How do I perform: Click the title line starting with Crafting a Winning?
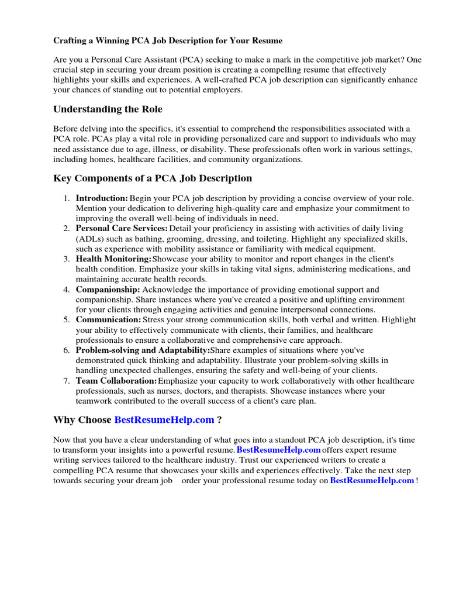pos(168,41)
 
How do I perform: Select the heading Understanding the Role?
pos(108,109)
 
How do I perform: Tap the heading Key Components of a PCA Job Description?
pos(153,178)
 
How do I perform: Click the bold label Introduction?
pos(102,198)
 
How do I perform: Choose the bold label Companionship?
pos(108,290)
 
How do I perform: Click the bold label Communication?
pos(108,320)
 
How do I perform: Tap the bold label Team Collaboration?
pos(116,381)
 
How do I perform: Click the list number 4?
pos(67,290)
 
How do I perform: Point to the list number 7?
pos(67,381)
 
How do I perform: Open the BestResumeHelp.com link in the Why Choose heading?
pos(164,420)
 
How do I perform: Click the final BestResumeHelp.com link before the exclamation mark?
pos(372,480)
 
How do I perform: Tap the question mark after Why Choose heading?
pos(219,420)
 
